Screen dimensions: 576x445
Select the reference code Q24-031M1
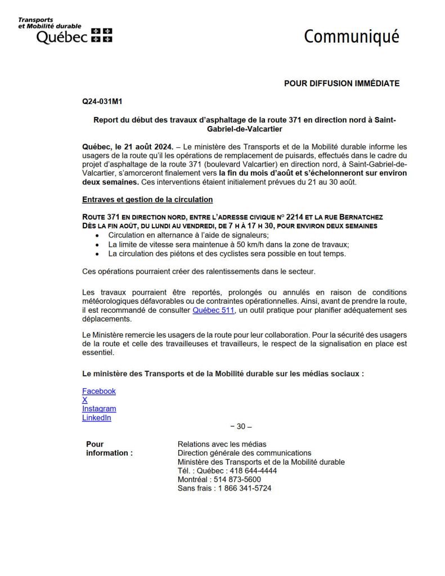pyautogui.click(x=102, y=102)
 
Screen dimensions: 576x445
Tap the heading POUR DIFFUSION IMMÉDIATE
pyautogui.click(x=341, y=83)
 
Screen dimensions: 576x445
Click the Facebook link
pyautogui.click(x=99, y=391)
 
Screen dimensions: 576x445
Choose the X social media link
pyautogui.click(x=85, y=400)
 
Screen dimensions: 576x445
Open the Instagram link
pyautogui.click(x=99, y=409)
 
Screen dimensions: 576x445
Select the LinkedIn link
pyautogui.click(x=97, y=418)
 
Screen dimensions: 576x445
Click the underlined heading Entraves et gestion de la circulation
pyautogui.click(x=147, y=199)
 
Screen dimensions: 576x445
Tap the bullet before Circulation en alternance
pyautogui.click(x=98, y=235)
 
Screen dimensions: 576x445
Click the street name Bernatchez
pyautogui.click(x=360, y=217)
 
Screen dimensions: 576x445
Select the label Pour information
pyautogui.click(x=109, y=448)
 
